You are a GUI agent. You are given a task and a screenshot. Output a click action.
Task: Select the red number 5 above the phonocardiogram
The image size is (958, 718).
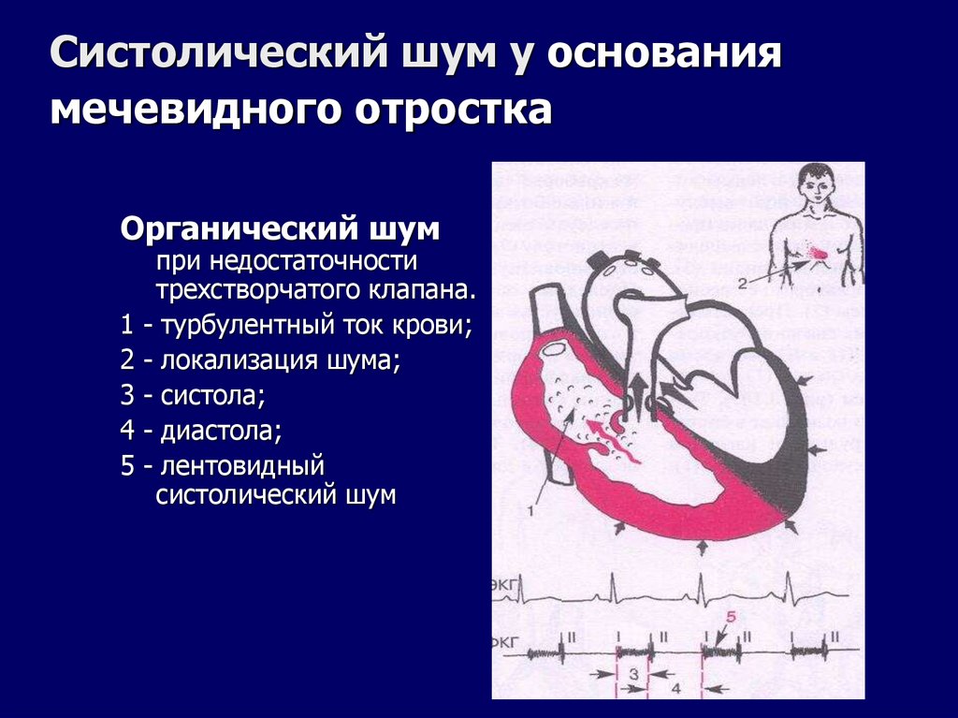[732, 618]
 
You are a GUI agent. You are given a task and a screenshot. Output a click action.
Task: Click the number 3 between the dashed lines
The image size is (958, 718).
[633, 674]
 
